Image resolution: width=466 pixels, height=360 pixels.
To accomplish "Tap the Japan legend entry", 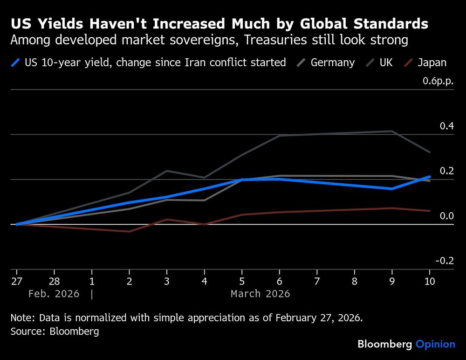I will (x=432, y=62).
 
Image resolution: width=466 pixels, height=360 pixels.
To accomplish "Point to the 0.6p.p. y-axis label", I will (x=438, y=81).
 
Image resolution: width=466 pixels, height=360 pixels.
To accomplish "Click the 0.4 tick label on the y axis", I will (x=446, y=126).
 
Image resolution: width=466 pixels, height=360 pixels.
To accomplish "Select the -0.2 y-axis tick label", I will (x=445, y=261).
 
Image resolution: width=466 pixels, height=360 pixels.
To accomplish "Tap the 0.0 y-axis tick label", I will (x=446, y=216).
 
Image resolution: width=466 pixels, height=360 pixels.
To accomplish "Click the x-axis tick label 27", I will (x=17, y=281).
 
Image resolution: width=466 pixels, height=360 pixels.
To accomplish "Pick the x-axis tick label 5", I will (x=242, y=281).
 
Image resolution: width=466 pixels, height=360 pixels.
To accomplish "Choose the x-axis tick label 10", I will (x=429, y=281).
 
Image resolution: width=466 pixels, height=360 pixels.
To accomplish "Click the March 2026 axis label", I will (x=260, y=294).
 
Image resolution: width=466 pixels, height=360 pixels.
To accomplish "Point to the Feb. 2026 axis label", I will (x=54, y=294).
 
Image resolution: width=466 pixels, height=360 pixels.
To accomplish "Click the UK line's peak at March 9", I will (x=392, y=131).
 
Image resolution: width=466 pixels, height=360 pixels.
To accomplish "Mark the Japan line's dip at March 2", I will (x=129, y=231).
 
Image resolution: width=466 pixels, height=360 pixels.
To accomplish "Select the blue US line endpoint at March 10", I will (x=429, y=177).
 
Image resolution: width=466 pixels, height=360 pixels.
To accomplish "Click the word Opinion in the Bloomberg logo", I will (x=435, y=345).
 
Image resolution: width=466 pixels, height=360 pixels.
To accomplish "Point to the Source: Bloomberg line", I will (x=55, y=332).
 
